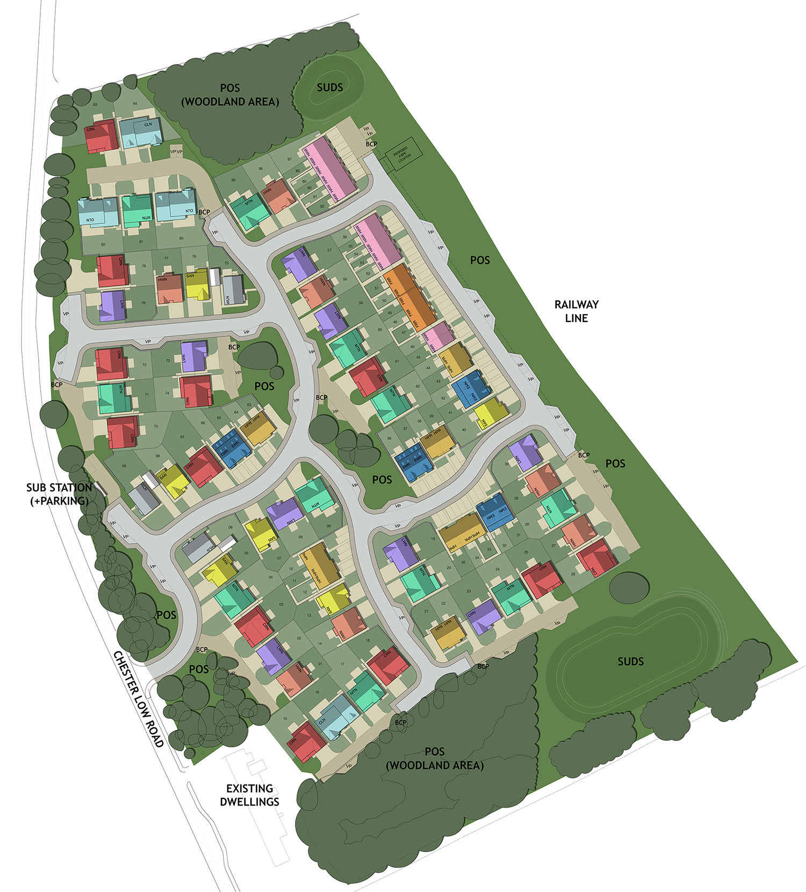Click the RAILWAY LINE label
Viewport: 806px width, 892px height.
576,311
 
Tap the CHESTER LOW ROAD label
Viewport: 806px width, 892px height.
139,698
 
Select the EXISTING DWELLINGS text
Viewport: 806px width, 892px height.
249,795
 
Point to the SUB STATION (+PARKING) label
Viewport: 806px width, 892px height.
59,494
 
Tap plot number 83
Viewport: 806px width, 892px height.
95,104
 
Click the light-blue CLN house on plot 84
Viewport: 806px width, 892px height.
140,132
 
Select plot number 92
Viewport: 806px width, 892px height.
322,206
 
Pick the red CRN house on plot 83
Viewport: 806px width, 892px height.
102,137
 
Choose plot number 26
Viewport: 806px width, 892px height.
573,574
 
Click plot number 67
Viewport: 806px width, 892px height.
183,437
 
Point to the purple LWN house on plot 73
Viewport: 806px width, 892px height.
193,355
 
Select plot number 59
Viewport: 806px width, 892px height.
361,303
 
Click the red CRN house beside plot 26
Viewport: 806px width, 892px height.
596,558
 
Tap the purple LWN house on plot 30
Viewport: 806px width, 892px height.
525,453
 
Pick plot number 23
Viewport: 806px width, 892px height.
469,591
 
